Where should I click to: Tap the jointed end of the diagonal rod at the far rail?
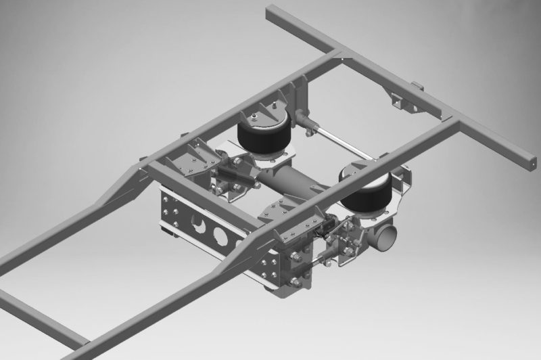(308, 126)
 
